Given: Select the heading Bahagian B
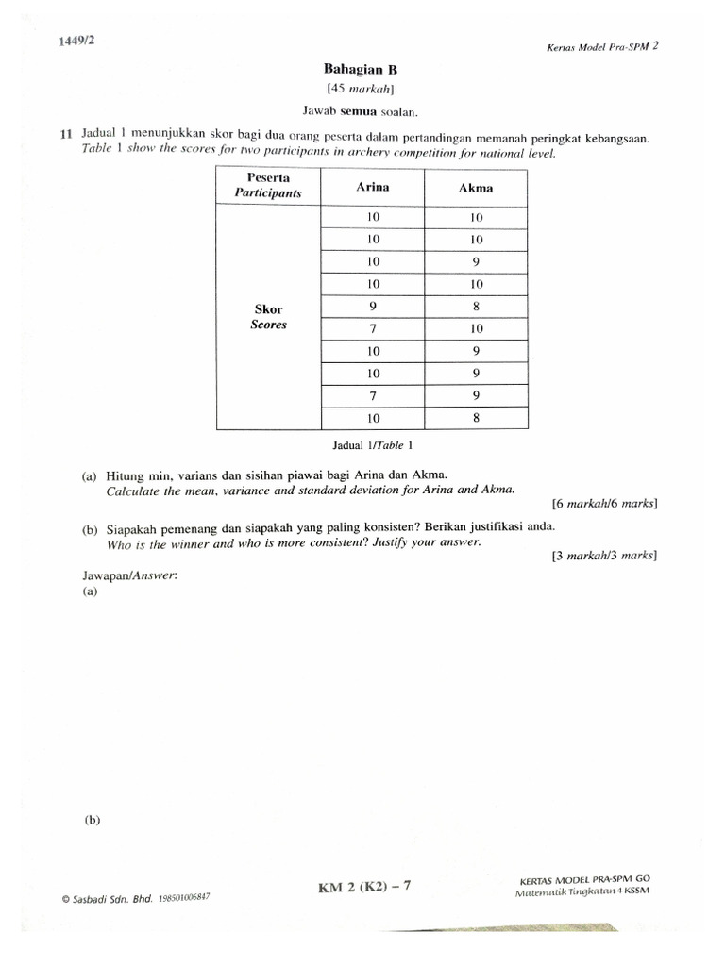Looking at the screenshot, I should click(x=355, y=69).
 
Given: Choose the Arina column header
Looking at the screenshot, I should click(x=372, y=187).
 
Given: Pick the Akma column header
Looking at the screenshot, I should click(x=476, y=188).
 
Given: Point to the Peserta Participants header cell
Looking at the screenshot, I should click(x=268, y=186).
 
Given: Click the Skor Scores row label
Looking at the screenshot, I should click(x=268, y=317).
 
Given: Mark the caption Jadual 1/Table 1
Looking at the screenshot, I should click(x=373, y=444).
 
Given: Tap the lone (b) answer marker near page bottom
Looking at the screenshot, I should click(x=92, y=820).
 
